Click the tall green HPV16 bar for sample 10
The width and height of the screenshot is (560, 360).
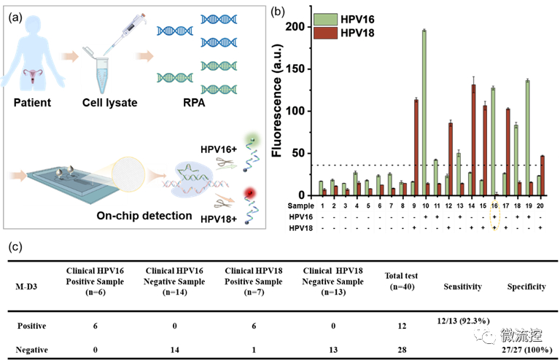tap(424, 112)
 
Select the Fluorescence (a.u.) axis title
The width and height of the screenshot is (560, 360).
tap(277, 109)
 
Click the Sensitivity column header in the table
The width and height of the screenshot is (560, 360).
tap(462, 286)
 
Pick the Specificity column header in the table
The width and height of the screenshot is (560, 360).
tap(526, 286)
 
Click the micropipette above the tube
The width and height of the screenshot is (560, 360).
tap(124, 26)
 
